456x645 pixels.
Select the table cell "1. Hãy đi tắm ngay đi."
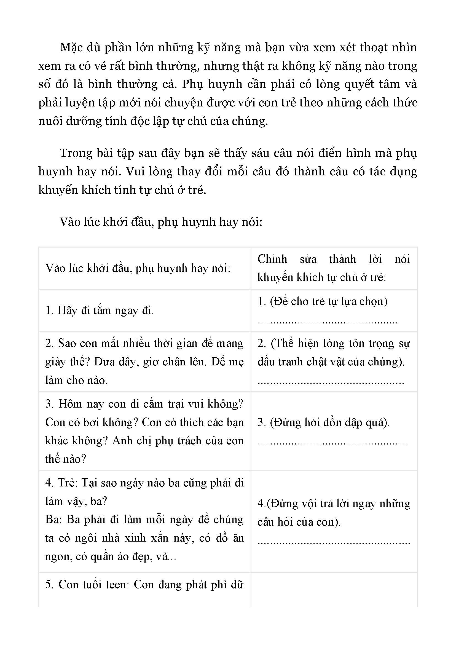[x=100, y=311]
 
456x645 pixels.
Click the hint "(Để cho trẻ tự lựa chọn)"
[x=329, y=302]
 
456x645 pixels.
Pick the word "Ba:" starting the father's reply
[x=53, y=520]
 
